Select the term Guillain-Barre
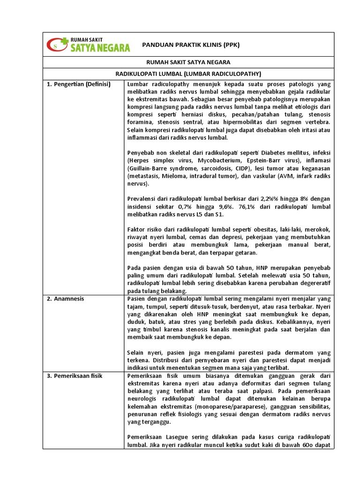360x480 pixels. tap(148, 168)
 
